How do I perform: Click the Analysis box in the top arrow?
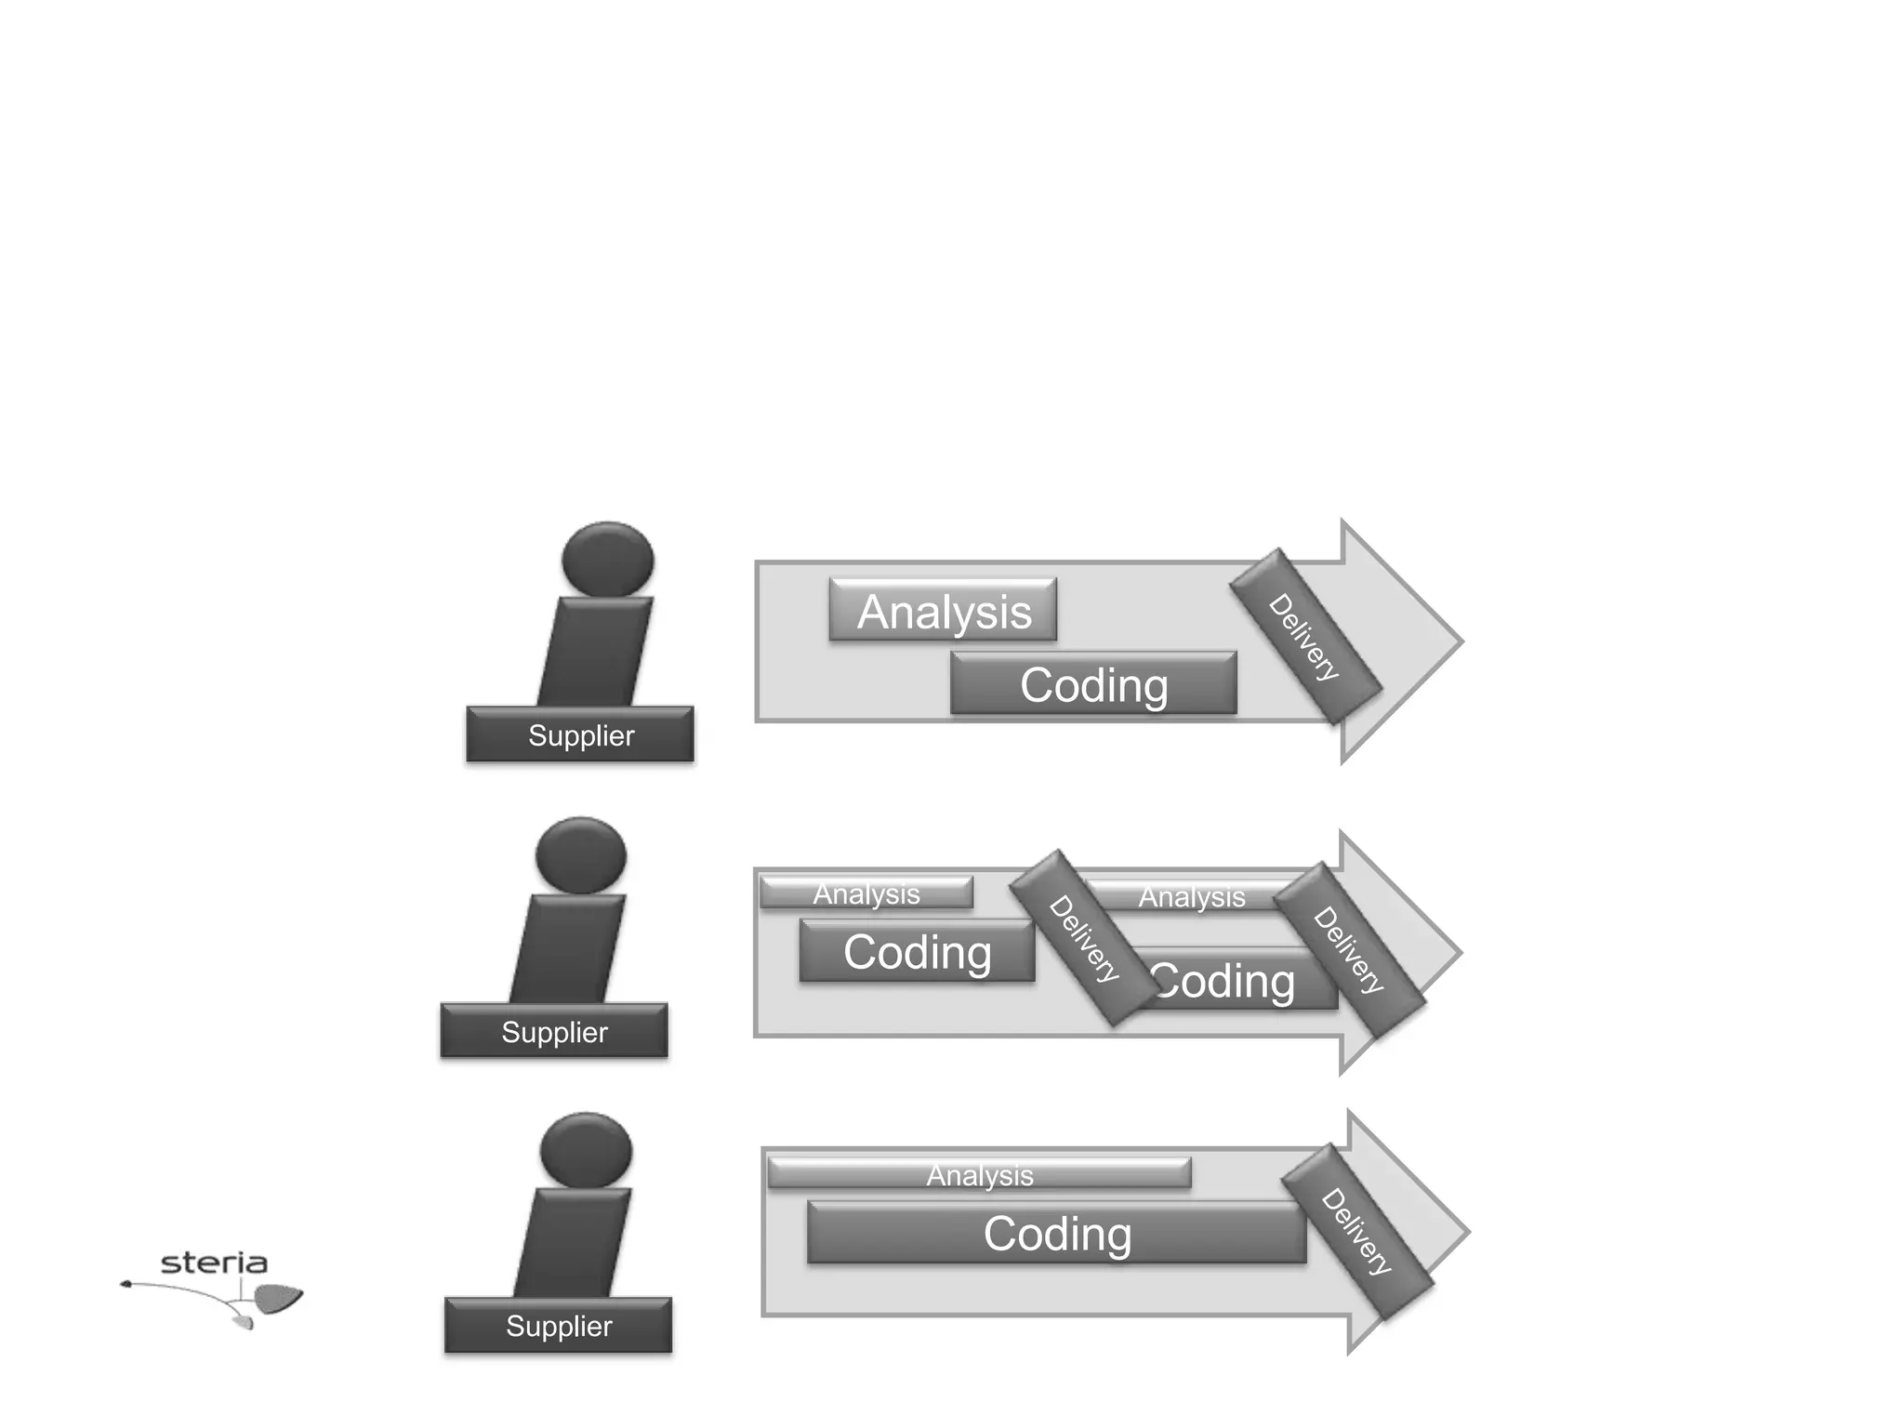click(943, 611)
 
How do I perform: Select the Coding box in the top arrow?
click(1093, 684)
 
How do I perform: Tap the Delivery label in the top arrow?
click(1304, 637)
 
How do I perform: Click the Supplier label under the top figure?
click(580, 735)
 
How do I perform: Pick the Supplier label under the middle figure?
click(554, 1031)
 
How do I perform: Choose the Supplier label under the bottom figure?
click(558, 1326)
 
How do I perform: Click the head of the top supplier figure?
click(608, 559)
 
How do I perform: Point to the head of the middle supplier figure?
click(581, 854)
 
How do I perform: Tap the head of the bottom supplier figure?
click(586, 1150)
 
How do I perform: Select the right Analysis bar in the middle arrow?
click(1191, 896)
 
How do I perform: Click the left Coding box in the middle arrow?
click(917, 952)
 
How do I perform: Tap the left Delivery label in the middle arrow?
click(1084, 938)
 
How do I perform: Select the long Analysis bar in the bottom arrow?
click(979, 1174)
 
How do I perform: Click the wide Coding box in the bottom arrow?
click(1057, 1234)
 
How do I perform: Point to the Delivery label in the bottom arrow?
click(1357, 1232)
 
